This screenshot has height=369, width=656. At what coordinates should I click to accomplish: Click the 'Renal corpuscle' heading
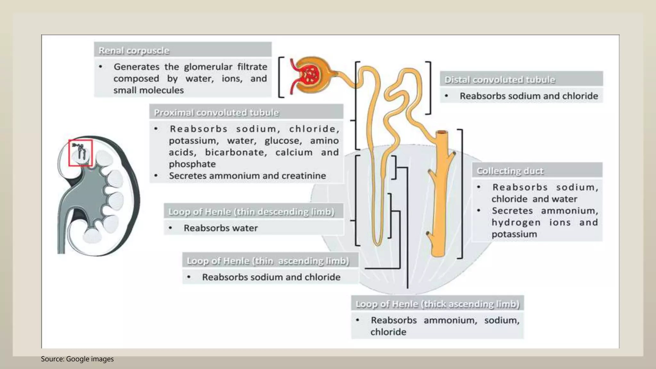pyautogui.click(x=134, y=51)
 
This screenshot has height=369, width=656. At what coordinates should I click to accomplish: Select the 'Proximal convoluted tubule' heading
pyautogui.click(x=216, y=113)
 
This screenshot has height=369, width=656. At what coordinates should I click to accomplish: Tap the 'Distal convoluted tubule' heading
pyautogui.click(x=500, y=80)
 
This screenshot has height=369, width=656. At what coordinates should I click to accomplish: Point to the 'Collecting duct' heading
pyautogui.click(x=510, y=171)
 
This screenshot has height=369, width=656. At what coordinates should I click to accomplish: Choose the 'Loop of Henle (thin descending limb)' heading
pyautogui.click(x=251, y=212)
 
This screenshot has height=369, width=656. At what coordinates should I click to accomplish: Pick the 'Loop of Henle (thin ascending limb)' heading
pyautogui.click(x=268, y=261)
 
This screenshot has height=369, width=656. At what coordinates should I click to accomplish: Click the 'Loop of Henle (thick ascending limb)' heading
pyautogui.click(x=438, y=304)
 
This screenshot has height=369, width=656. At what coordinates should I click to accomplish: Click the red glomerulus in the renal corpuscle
pyautogui.click(x=309, y=75)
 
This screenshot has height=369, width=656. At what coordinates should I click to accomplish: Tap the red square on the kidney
pyautogui.click(x=80, y=153)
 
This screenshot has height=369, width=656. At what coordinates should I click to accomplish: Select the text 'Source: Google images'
pyautogui.click(x=77, y=359)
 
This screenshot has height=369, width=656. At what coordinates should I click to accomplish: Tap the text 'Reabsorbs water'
pyautogui.click(x=221, y=228)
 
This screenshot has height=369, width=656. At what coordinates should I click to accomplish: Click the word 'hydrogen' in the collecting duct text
pyautogui.click(x=516, y=223)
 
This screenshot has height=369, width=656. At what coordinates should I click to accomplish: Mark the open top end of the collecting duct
pyautogui.click(x=442, y=132)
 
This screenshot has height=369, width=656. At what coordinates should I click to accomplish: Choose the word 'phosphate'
pyautogui.click(x=192, y=164)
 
